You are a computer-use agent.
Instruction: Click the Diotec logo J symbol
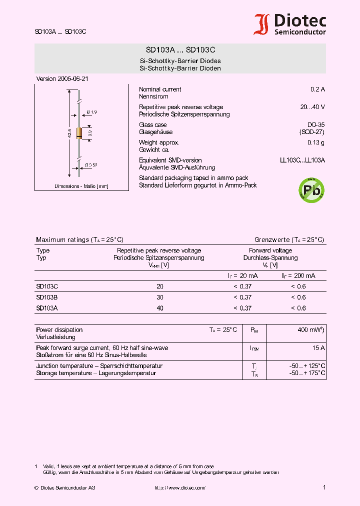(261, 24)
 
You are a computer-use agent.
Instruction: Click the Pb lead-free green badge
(311, 190)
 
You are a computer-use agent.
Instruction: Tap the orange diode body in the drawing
(79, 133)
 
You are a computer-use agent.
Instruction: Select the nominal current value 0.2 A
(317, 89)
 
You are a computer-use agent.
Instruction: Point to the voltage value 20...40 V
(312, 107)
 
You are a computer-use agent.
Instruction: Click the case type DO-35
(316, 125)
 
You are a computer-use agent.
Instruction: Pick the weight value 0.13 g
(316, 143)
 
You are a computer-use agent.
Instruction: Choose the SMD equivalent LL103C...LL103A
(302, 160)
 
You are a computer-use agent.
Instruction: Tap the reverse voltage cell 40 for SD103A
(160, 308)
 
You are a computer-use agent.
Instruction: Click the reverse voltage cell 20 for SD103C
(160, 286)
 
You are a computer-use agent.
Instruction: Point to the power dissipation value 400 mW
(311, 330)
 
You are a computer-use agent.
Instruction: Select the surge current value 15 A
(319, 348)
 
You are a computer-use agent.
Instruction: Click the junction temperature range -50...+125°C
(307, 366)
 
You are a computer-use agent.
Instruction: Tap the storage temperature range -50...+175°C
(307, 373)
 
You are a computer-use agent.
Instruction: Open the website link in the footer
(179, 487)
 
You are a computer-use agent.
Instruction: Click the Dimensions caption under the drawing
(81, 186)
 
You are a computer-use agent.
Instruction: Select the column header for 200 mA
(298, 276)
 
